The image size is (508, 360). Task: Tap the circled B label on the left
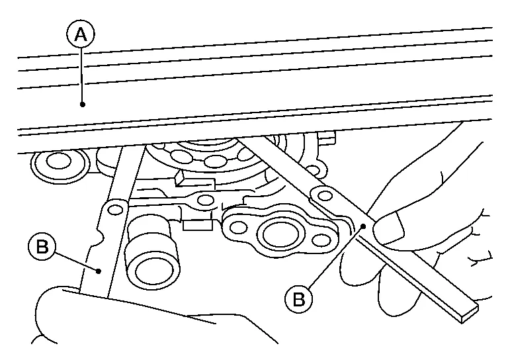click(x=42, y=248)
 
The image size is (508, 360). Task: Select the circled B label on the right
click(x=298, y=299)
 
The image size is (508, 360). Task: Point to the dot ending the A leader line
click(x=82, y=104)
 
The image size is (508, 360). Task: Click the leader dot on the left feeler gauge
click(x=99, y=271)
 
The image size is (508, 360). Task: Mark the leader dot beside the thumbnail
click(x=364, y=226)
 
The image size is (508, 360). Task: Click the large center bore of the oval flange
click(x=273, y=233)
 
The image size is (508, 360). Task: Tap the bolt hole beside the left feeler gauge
click(x=116, y=210)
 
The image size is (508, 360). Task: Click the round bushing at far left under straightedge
click(x=58, y=160)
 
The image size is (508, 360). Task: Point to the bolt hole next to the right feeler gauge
click(x=323, y=195)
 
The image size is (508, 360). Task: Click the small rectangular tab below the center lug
click(x=196, y=225)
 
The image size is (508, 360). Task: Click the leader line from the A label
click(x=81, y=73)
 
